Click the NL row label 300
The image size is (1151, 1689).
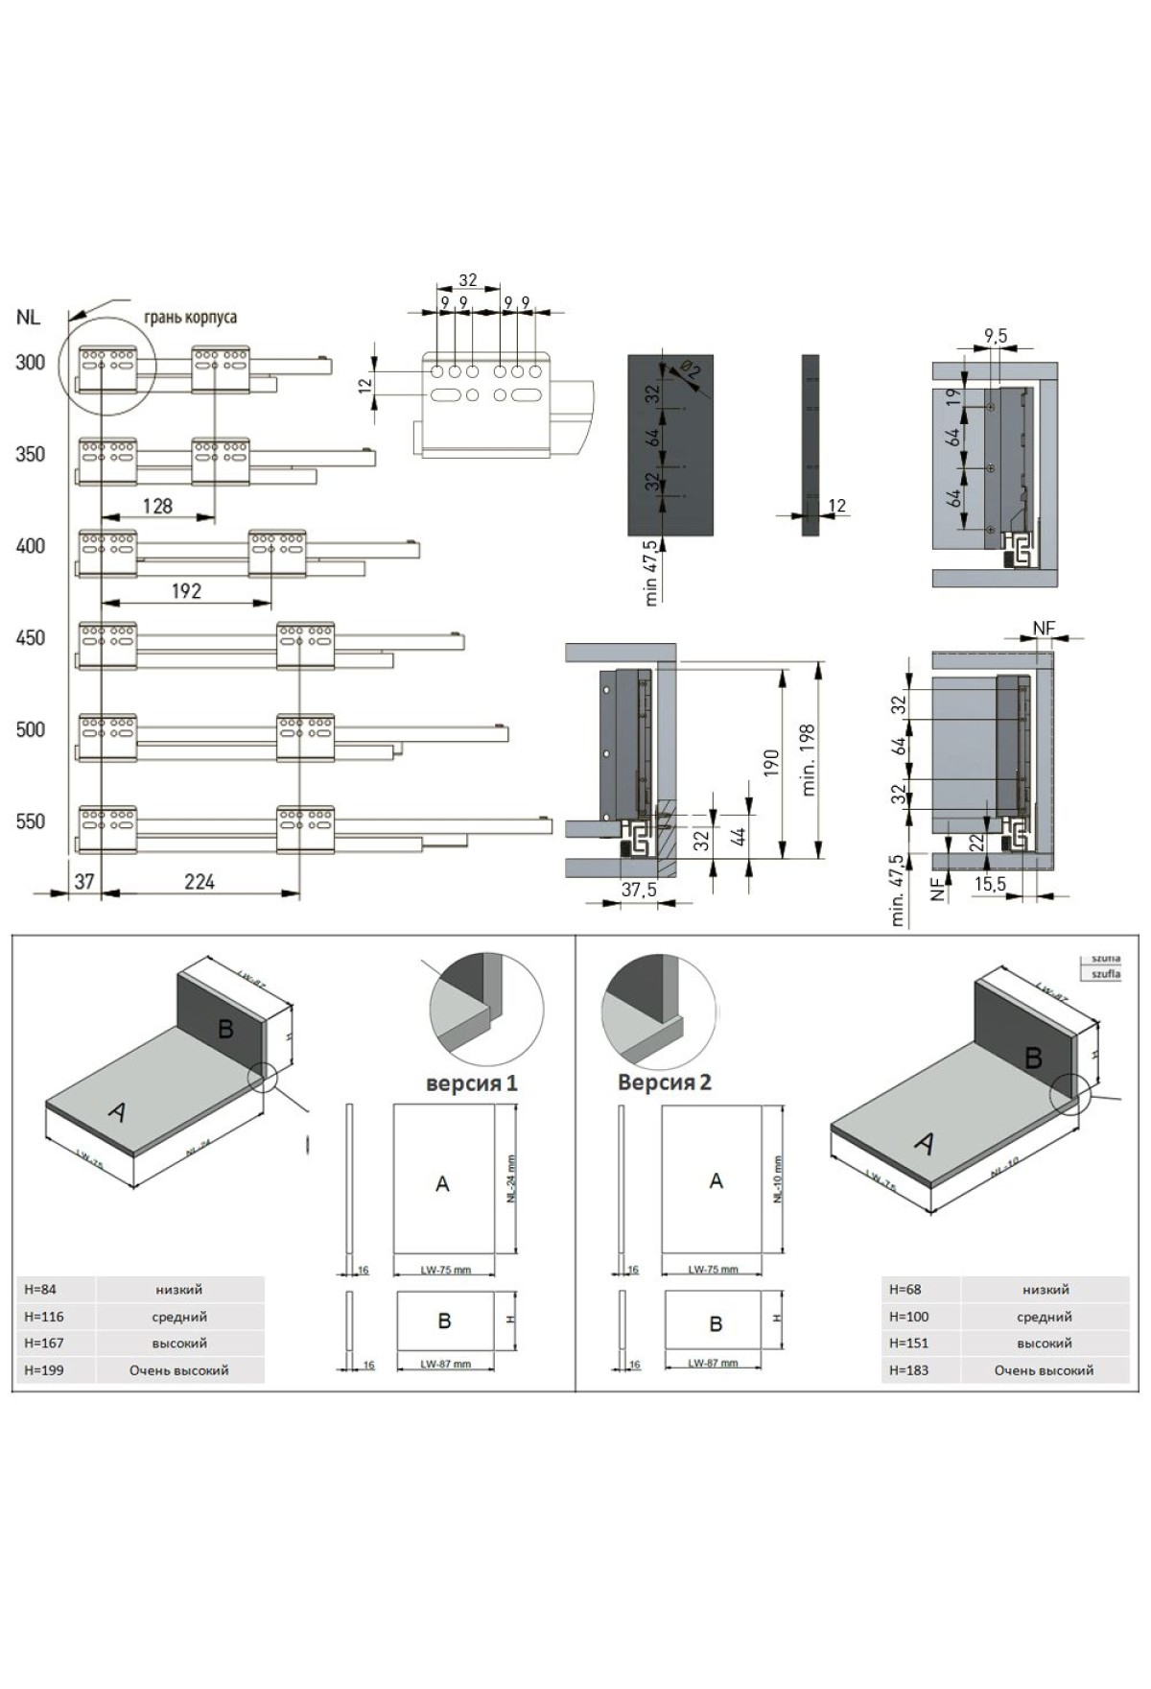[30, 362]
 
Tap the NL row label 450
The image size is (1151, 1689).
[30, 637]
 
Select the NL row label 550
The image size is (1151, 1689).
[30, 821]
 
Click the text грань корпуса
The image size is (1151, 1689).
[190, 317]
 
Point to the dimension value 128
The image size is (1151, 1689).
[157, 506]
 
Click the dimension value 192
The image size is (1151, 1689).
[186, 591]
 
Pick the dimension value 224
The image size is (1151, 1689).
[200, 881]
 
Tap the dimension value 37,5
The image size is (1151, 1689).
[639, 889]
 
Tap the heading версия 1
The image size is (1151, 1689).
[472, 1082]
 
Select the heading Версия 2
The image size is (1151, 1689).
[664, 1082]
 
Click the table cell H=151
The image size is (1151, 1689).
[909, 1343]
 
